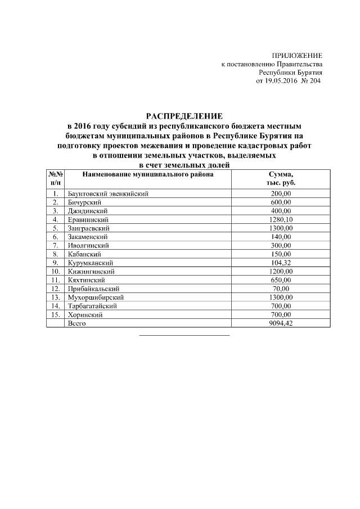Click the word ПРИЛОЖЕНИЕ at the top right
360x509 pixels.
[x=297, y=55]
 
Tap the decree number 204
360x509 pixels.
[x=313, y=82]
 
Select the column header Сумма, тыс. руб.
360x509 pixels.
[x=281, y=179]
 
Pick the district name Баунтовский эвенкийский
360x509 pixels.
[x=107, y=193]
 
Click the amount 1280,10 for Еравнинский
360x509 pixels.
[x=281, y=219]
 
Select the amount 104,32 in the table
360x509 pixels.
[x=281, y=263]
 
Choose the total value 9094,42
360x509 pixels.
[x=281, y=323]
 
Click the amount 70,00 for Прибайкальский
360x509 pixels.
[x=281, y=289]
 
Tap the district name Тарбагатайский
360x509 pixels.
[x=92, y=306]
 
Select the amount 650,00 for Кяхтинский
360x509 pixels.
[x=281, y=280]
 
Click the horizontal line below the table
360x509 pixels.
[x=184, y=335]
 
